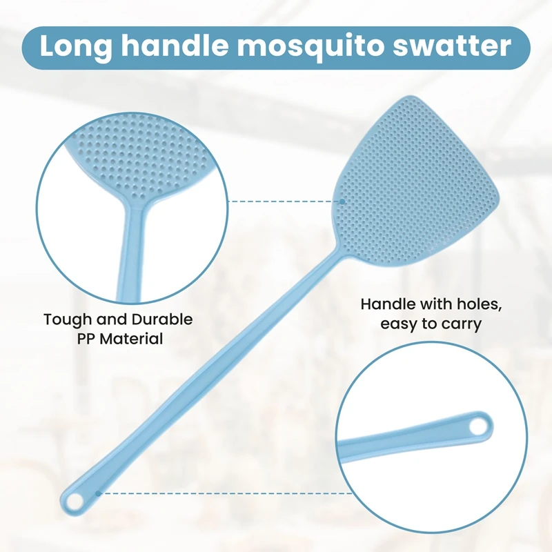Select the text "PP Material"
pos(118,339)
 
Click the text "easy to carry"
pos(431,323)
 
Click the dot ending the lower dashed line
pos(99,493)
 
